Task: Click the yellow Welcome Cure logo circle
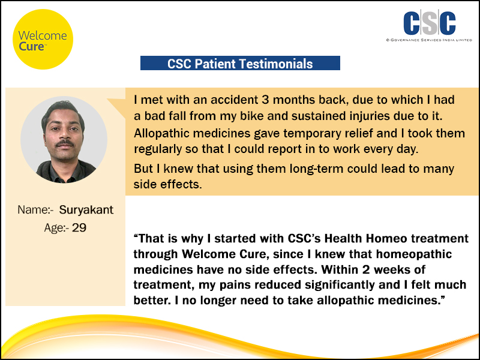43,39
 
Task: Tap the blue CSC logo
430,23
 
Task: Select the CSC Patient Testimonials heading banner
240,63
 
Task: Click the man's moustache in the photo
65,143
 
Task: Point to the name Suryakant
86,209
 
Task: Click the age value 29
79,227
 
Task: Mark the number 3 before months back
265,100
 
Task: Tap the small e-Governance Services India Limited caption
429,40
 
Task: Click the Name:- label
35,209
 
